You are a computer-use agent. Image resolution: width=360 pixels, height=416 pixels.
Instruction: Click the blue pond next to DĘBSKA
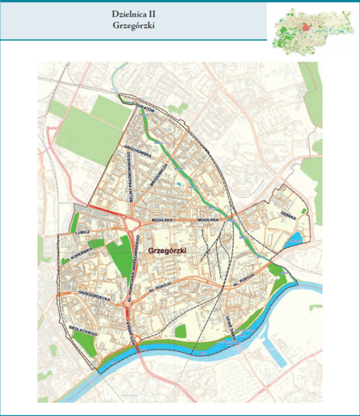click(296, 238)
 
